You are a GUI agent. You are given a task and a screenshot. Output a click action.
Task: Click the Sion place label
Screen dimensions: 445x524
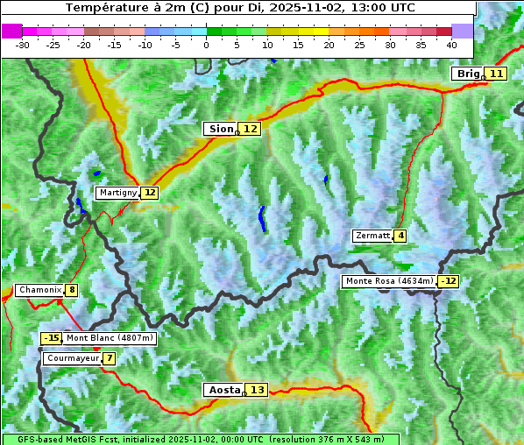pos(220,129)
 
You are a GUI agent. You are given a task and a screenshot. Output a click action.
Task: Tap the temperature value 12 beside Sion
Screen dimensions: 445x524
pos(251,129)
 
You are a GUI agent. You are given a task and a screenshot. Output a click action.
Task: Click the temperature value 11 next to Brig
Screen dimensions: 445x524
pos(496,74)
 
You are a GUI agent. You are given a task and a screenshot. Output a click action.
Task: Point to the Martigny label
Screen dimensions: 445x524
pos(117,193)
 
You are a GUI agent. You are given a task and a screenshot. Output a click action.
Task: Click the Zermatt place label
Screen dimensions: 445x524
pos(372,236)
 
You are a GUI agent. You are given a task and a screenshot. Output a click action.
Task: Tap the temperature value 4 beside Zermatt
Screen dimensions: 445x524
pos(400,236)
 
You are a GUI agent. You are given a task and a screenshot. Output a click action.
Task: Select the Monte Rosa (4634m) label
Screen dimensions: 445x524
pos(389,281)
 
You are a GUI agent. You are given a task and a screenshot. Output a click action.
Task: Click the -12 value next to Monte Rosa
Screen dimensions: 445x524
pos(449,281)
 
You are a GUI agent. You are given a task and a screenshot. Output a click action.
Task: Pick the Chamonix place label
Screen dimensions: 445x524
pos(39,290)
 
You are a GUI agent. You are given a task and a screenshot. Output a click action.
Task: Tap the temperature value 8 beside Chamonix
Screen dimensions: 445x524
pos(71,290)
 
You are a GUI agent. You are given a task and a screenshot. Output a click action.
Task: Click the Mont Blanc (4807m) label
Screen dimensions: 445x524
pos(110,338)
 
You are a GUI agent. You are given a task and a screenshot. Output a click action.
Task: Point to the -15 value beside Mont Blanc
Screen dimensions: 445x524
pos(52,338)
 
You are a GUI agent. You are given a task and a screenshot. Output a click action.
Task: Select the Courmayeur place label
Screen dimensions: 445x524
pos(72,358)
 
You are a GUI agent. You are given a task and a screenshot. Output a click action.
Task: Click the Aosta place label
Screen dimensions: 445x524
pos(223,390)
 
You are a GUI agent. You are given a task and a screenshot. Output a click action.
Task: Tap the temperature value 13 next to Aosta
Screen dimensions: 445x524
pos(256,390)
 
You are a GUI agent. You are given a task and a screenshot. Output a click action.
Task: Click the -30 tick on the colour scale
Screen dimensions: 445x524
pos(23,45)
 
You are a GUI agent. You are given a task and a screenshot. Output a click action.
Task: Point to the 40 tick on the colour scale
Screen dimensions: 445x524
pos(451,45)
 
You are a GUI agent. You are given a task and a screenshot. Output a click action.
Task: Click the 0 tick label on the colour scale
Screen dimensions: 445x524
pos(207,45)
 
